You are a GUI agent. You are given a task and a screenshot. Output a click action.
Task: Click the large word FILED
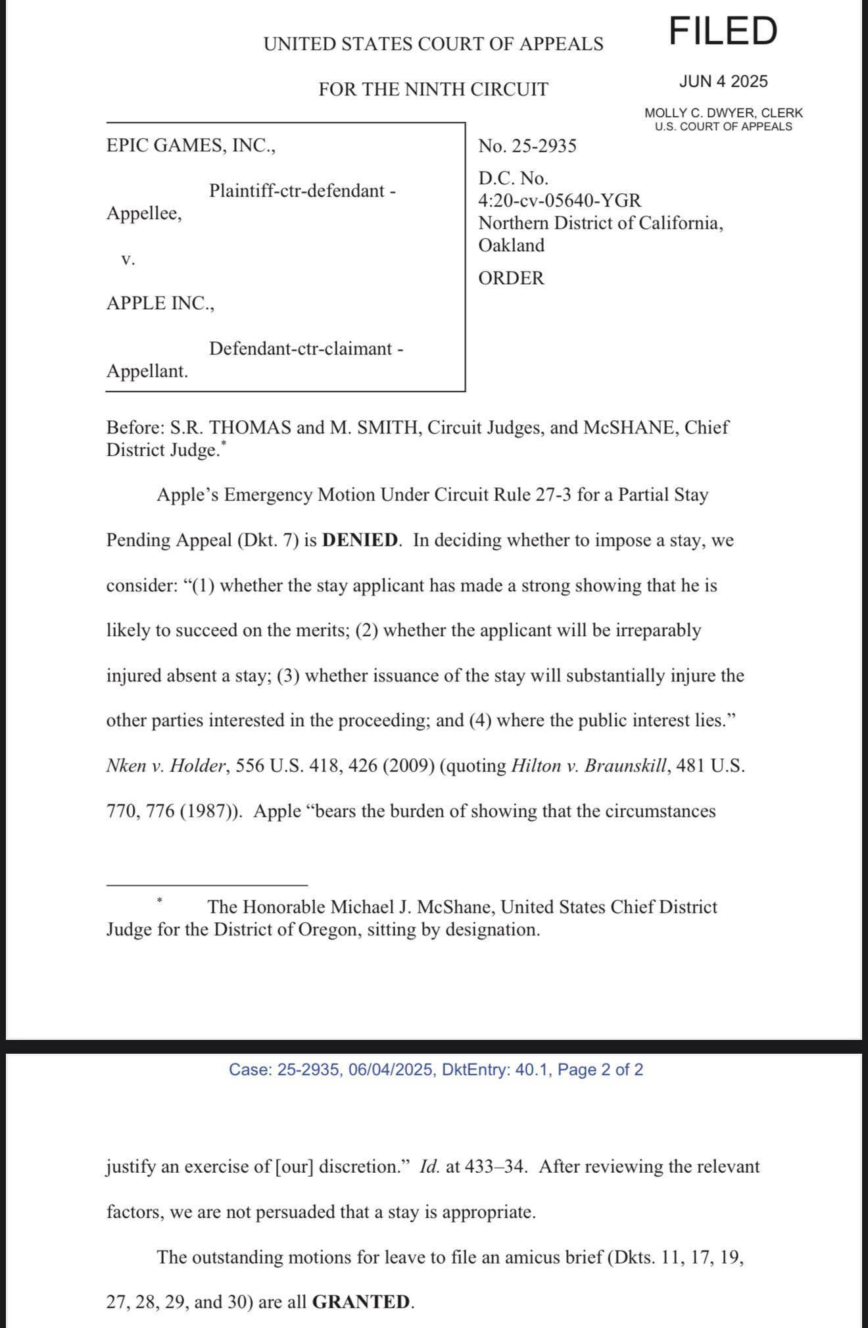pyautogui.click(x=723, y=31)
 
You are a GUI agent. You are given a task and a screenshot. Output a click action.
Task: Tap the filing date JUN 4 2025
pyautogui.click(x=723, y=82)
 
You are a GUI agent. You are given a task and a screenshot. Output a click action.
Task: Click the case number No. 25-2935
pyautogui.click(x=527, y=146)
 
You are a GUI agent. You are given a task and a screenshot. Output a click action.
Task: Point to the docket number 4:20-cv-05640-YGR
pyautogui.click(x=560, y=201)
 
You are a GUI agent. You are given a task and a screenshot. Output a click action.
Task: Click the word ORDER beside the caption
pyautogui.click(x=512, y=278)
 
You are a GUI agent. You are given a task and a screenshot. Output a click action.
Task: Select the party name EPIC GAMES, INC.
pyautogui.click(x=191, y=145)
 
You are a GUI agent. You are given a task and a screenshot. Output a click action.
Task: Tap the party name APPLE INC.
pyautogui.click(x=160, y=303)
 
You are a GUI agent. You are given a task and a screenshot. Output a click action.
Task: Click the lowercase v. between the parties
pyautogui.click(x=128, y=259)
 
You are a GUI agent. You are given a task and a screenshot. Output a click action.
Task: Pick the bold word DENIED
pyautogui.click(x=360, y=541)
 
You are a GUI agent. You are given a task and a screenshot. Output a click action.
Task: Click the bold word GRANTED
pyautogui.click(x=361, y=1302)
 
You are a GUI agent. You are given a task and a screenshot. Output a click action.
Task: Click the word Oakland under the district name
pyautogui.click(x=512, y=245)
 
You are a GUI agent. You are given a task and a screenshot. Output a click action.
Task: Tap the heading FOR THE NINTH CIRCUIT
pyautogui.click(x=433, y=89)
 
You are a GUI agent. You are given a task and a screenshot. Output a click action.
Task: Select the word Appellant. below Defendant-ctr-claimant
pyautogui.click(x=147, y=372)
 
